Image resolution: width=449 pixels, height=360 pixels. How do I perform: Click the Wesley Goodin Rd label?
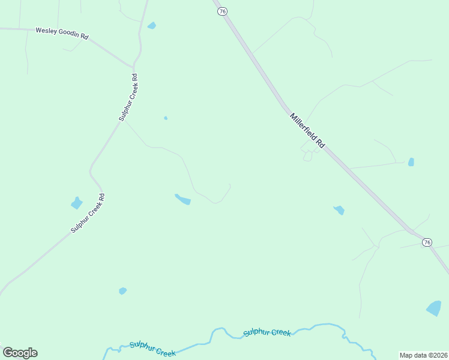[62, 33]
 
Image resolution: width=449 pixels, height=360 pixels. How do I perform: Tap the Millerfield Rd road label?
[307, 131]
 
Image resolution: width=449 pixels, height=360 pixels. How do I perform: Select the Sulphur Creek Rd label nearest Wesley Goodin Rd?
[128, 97]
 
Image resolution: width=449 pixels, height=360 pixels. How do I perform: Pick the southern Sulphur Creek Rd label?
[88, 212]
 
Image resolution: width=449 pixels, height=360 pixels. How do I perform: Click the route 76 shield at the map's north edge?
[223, 11]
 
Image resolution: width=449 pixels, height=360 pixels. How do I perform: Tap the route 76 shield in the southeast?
[427, 242]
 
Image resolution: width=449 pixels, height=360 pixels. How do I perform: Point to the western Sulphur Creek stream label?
[153, 349]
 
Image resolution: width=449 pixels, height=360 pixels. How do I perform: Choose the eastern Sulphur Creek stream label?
[267, 332]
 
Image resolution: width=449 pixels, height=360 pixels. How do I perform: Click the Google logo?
[20, 353]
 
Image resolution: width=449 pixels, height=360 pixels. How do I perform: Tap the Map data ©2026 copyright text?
[424, 355]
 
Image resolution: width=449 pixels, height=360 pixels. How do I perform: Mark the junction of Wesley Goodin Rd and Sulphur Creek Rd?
[134, 66]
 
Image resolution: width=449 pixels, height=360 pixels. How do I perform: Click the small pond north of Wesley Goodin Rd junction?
[152, 26]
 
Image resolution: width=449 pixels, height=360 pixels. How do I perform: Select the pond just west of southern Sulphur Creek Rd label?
[76, 203]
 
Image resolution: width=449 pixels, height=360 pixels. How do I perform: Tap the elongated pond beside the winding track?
[182, 199]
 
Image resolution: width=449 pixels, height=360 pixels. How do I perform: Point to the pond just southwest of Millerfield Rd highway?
[339, 210]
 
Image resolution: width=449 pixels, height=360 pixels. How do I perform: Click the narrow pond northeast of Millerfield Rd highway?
[411, 162]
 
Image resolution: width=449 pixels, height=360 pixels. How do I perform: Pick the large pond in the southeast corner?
[434, 308]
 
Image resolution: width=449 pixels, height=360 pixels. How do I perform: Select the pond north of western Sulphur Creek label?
[122, 291]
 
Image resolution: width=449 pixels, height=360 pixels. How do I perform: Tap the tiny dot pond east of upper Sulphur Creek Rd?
[166, 118]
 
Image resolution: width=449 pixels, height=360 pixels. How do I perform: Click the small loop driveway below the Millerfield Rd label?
[308, 156]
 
